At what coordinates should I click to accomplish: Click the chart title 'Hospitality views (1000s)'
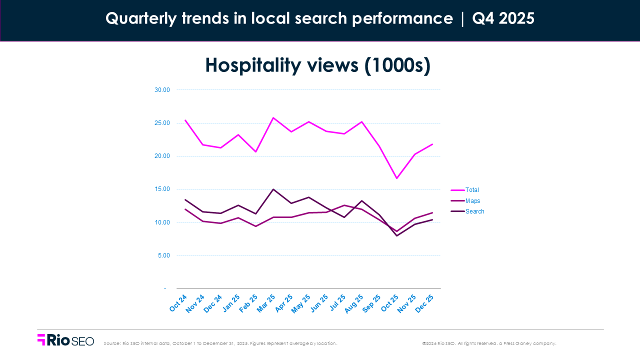pos(318,65)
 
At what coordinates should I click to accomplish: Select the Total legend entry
pos(471,190)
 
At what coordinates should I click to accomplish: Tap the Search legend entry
pos(474,211)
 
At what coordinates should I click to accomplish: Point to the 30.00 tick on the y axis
pos(162,90)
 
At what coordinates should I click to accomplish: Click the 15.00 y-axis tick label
pos(162,189)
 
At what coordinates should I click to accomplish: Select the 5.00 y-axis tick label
pos(163,255)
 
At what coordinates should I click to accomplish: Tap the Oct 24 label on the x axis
pos(178,303)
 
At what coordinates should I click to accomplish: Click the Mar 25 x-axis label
pos(266,303)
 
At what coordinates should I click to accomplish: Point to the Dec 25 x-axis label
pos(424,303)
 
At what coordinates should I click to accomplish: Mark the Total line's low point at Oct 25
pos(397,178)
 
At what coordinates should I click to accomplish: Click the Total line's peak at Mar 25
pos(273,117)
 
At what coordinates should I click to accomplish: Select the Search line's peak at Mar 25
pos(273,189)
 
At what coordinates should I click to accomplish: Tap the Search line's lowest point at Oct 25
pos(397,235)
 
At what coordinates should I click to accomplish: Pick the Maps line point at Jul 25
pos(344,205)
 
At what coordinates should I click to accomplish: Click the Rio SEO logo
pos(65,340)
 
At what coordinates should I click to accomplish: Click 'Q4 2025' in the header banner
pos(503,18)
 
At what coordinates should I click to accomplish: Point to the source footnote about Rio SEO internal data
pos(220,343)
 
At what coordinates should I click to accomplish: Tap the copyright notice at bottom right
pos(489,343)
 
